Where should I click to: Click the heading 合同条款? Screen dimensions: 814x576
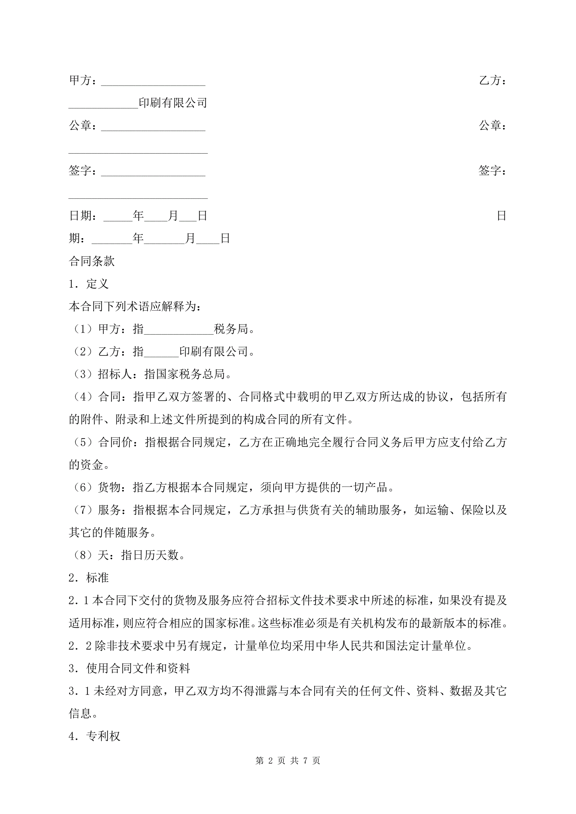(x=92, y=261)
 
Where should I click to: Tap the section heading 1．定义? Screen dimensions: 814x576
(x=88, y=284)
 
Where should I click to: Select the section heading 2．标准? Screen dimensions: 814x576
(x=88, y=578)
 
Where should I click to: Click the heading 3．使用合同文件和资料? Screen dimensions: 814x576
(x=129, y=668)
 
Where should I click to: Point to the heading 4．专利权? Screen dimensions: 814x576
(x=94, y=736)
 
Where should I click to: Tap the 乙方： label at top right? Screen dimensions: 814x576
(x=492, y=80)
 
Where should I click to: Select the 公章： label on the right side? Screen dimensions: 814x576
(x=492, y=126)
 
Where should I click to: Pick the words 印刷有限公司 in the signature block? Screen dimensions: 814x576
(x=173, y=103)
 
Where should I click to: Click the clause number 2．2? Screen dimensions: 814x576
(x=80, y=646)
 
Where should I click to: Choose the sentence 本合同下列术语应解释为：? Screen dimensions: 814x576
(x=135, y=307)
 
